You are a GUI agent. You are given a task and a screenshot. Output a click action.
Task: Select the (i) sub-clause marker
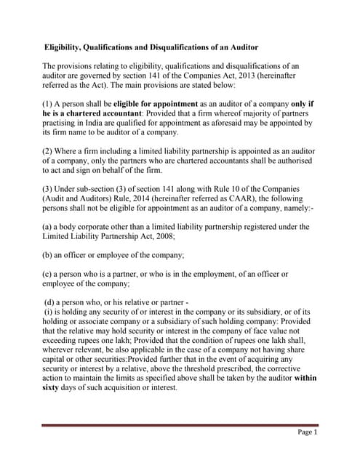click(x=49, y=312)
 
